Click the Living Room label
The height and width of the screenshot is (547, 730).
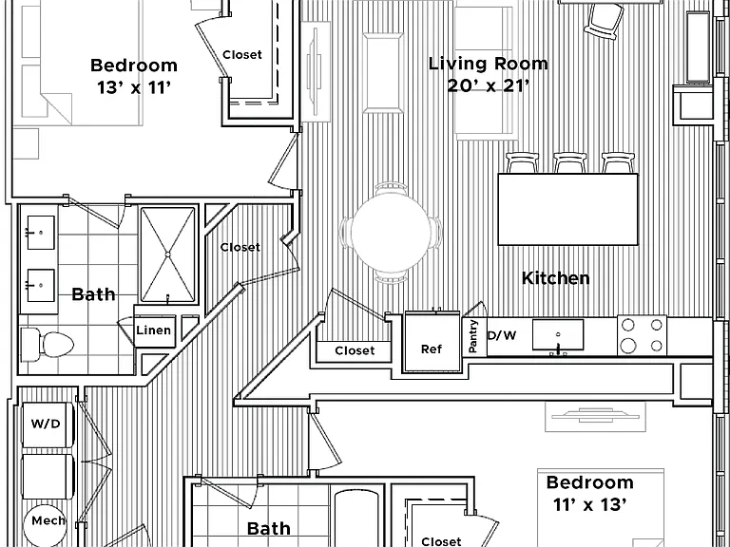point(488,64)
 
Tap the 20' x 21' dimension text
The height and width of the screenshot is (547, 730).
point(488,85)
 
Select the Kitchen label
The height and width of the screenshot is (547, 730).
point(555,278)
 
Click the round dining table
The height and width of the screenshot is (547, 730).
point(391,233)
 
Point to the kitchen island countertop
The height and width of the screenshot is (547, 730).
point(568,209)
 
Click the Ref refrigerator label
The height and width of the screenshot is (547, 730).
point(432,349)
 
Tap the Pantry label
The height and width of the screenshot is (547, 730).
point(473,336)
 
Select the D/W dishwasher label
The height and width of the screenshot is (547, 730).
point(502,335)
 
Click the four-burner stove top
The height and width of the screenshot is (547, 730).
point(642,335)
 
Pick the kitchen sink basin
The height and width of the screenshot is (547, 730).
point(558,334)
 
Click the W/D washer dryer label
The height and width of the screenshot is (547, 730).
point(46,424)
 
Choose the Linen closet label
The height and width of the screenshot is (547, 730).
point(154,330)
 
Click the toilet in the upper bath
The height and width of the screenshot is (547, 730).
point(48,345)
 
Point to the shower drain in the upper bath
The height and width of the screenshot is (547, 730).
point(167,254)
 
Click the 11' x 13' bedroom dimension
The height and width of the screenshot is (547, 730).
point(590,504)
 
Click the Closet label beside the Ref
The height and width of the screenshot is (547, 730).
point(355,350)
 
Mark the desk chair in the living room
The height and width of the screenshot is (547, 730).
point(604,22)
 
